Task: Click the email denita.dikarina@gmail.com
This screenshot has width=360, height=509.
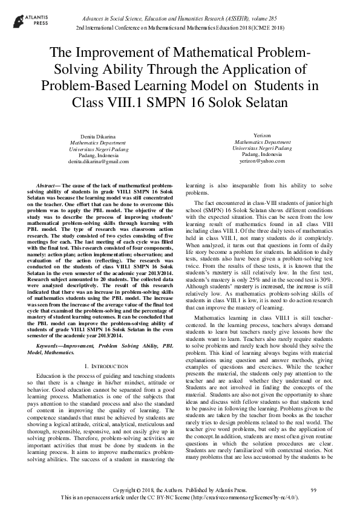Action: pyautogui.click(x=90, y=161)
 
